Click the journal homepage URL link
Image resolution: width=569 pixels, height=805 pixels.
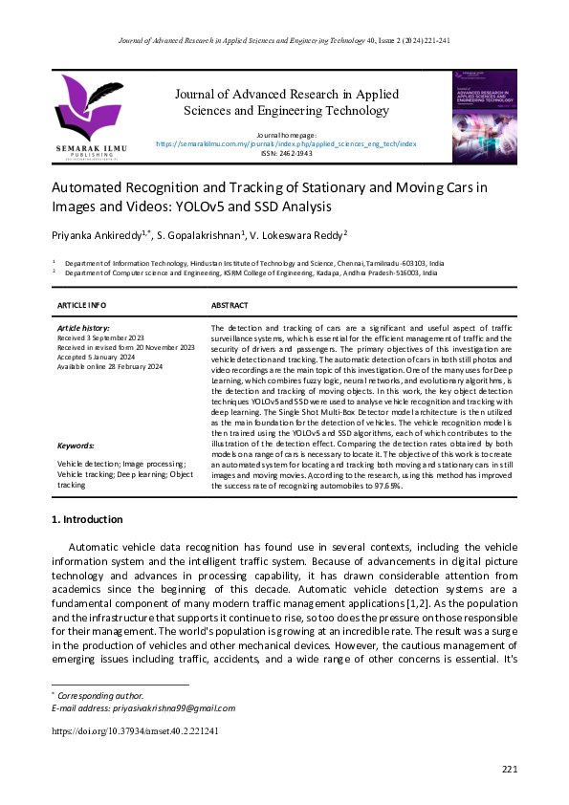tap(286, 143)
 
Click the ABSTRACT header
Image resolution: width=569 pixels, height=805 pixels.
tap(230, 306)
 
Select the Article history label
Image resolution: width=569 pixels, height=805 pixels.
tap(84, 328)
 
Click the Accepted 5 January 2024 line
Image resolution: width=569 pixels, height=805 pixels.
tap(100, 358)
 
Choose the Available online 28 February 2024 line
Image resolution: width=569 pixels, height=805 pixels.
tap(111, 367)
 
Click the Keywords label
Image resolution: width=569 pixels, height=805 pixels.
tap(77, 446)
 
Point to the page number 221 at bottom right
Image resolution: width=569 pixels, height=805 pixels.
tap(509, 770)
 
